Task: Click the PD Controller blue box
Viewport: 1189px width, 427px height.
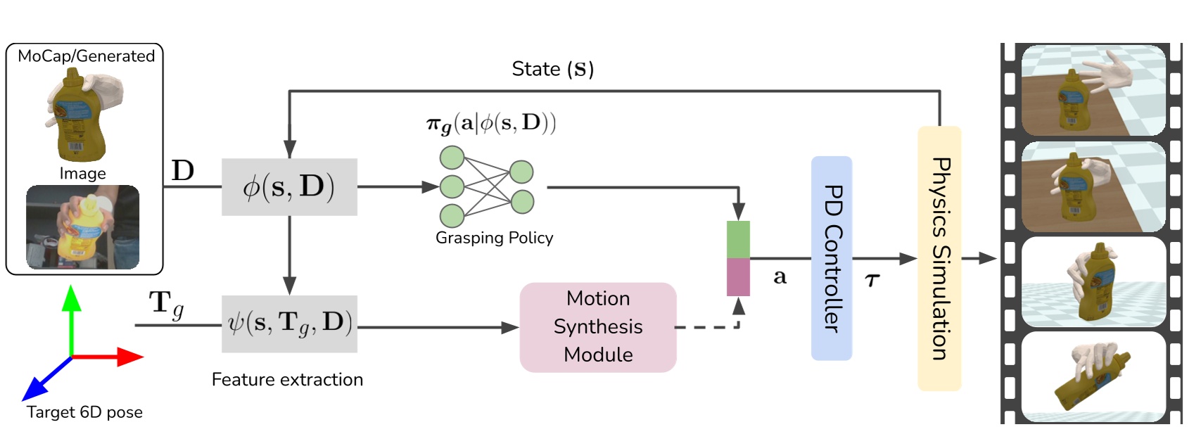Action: (x=831, y=258)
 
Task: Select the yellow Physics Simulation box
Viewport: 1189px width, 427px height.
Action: (x=939, y=258)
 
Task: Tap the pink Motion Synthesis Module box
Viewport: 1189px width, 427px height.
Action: (x=598, y=327)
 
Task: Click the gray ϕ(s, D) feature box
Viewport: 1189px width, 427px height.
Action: (x=289, y=187)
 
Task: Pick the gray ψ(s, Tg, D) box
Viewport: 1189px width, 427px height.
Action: (x=289, y=324)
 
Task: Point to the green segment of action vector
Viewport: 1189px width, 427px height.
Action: (x=738, y=239)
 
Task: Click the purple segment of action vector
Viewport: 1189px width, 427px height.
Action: (x=738, y=276)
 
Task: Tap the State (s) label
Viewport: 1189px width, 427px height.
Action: (x=553, y=69)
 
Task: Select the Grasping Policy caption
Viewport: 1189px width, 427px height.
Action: (x=494, y=238)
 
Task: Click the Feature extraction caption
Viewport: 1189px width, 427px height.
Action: (x=287, y=380)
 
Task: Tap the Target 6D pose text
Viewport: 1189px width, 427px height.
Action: (x=84, y=412)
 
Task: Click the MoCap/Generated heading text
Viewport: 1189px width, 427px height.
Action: (x=86, y=56)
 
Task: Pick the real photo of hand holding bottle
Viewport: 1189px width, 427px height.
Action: (x=82, y=227)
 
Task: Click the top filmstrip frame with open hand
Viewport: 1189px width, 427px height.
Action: (x=1093, y=90)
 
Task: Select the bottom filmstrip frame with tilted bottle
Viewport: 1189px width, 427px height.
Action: (x=1093, y=376)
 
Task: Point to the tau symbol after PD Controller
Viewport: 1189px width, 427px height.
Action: (x=872, y=281)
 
